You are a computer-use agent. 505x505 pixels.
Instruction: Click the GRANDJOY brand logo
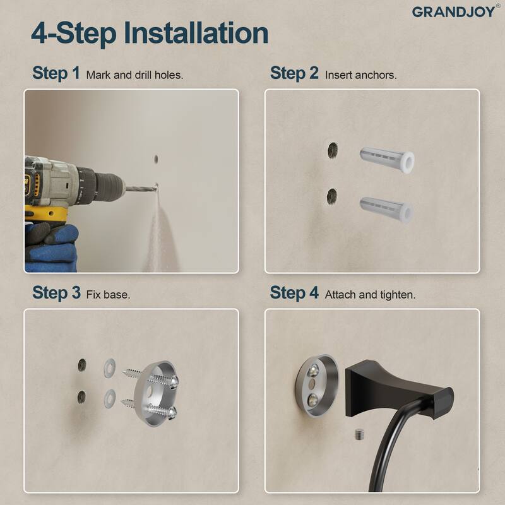pos(453,11)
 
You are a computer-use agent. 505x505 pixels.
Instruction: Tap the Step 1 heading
pos(56,73)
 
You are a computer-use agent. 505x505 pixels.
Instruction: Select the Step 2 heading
pos(294,73)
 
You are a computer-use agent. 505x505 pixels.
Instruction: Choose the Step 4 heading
pos(294,293)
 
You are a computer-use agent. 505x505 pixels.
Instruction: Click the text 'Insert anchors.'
pos(360,74)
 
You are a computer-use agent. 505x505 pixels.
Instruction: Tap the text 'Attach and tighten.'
pos(370,294)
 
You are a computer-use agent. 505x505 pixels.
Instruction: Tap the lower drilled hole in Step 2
pos(332,197)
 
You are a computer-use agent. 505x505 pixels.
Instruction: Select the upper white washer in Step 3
pos(109,364)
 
